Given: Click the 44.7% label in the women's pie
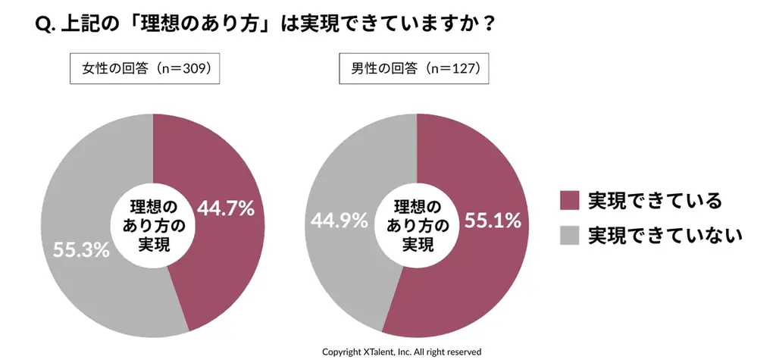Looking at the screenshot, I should [225, 208].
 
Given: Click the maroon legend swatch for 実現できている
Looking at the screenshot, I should [569, 201].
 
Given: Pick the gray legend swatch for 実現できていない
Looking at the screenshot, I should [569, 235].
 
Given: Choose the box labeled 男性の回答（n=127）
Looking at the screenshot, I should [414, 68].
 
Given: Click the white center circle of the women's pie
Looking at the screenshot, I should [153, 225].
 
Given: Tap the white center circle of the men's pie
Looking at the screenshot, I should [416, 225].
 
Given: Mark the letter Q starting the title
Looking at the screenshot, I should [43, 25].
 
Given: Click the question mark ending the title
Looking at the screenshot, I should [489, 25].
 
